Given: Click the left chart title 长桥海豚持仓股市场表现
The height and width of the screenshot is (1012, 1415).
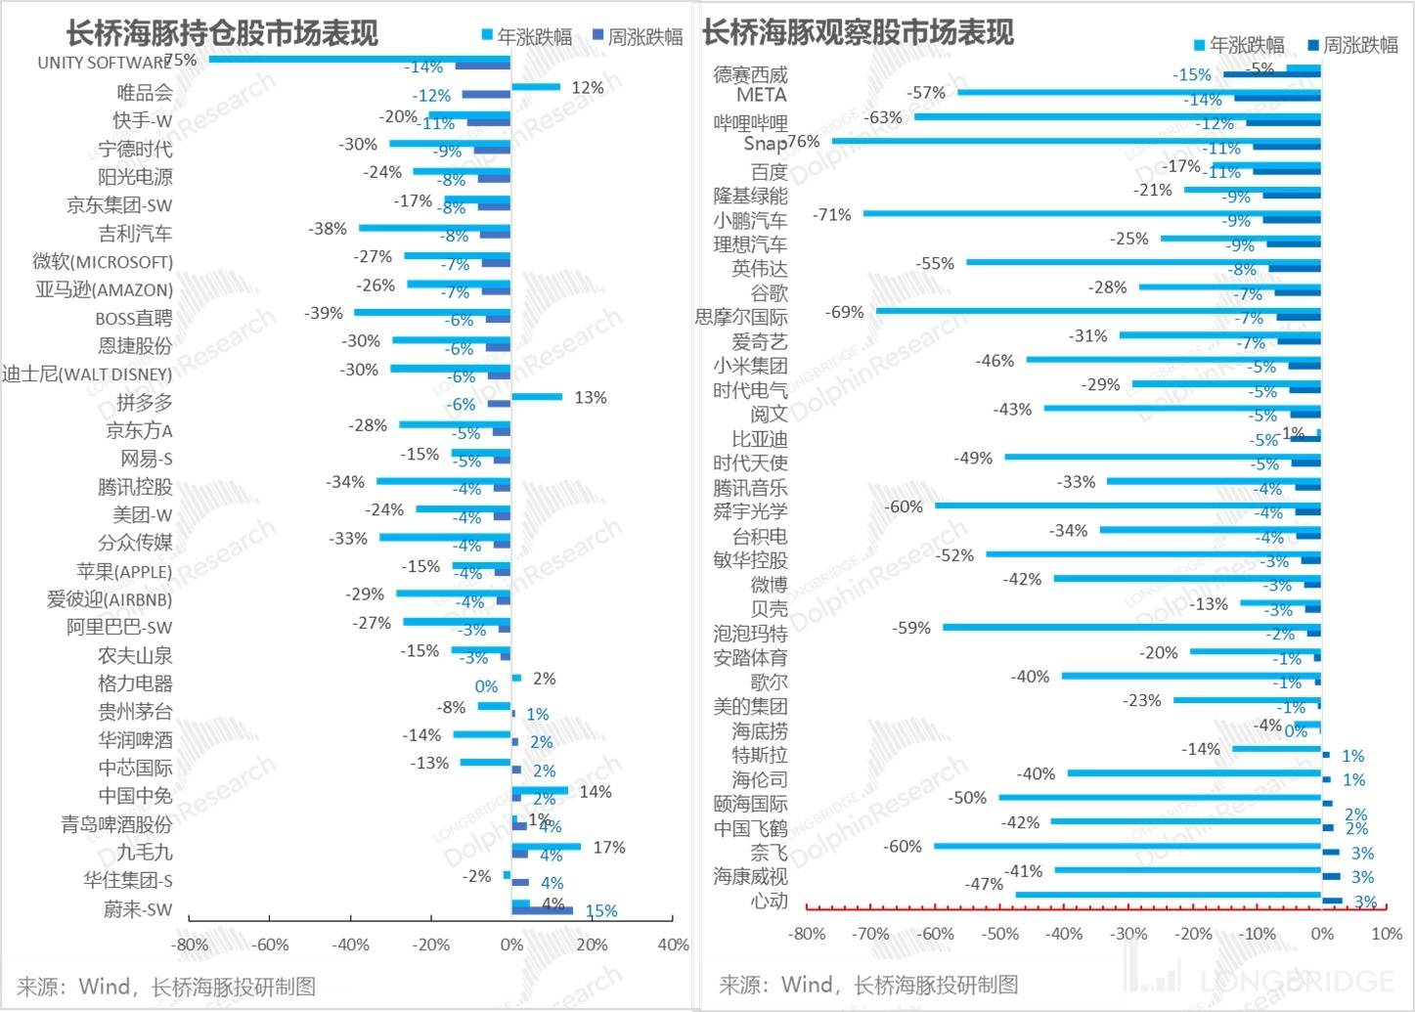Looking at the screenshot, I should click(222, 33).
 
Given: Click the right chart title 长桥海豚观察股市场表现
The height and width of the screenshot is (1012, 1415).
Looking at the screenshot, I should click(858, 33).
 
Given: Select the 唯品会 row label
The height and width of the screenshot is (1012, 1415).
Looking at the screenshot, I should click(145, 93).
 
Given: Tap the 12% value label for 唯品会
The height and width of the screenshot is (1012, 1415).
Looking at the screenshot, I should click(587, 88).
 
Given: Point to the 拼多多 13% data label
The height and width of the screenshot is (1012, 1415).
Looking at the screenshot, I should click(590, 398).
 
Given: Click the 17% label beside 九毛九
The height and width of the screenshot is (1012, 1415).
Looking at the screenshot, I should click(608, 848).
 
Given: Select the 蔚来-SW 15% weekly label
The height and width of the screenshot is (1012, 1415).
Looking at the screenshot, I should click(600, 911).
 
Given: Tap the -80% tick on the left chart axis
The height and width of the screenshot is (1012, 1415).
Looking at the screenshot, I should click(189, 945).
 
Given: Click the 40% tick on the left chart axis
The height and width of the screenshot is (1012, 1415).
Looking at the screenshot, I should click(673, 945).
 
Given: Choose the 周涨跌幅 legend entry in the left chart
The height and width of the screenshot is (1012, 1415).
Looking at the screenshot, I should click(637, 37).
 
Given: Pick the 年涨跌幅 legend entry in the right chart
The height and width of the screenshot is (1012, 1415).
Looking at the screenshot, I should click(1238, 45).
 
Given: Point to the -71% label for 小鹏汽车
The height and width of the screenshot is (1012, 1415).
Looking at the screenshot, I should click(832, 215).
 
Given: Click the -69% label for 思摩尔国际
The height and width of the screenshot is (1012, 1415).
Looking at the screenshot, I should click(844, 313).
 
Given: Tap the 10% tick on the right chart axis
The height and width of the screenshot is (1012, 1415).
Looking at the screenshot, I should click(1387, 934).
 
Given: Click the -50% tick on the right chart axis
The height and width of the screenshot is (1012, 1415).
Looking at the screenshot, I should click(999, 934).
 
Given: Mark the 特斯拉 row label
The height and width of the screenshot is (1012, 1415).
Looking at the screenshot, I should click(759, 756).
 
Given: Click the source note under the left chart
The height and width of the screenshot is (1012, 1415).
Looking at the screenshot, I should click(166, 987).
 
